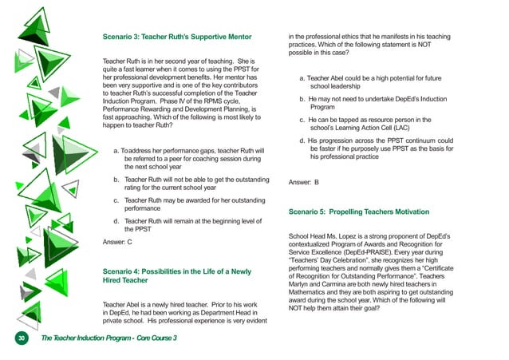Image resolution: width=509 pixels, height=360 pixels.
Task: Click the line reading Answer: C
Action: point(118,241)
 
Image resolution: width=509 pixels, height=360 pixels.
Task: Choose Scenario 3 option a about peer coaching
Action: point(188,158)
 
